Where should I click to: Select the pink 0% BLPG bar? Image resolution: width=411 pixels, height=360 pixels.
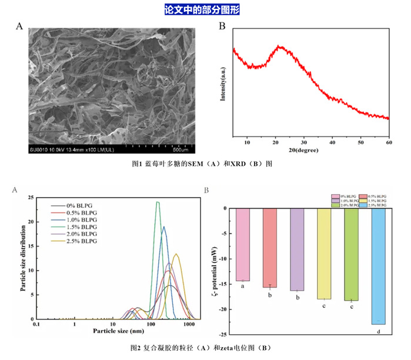pyautogui.click(x=242, y=245)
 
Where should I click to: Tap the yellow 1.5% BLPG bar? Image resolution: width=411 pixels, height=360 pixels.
pyautogui.click(x=324, y=254)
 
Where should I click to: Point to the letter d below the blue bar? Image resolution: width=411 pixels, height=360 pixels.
pyautogui.click(x=378, y=332)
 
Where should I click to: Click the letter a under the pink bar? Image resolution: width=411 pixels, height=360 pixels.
pyautogui.click(x=242, y=286)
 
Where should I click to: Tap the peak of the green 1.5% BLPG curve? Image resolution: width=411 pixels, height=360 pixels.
pyautogui.click(x=158, y=202)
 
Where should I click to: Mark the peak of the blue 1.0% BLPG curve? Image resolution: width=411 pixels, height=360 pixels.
pyautogui.click(x=164, y=226)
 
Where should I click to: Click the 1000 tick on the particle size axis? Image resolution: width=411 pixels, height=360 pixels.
pyautogui.click(x=189, y=325)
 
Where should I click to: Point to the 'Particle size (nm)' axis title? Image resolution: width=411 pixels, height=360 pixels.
pyautogui.click(x=119, y=332)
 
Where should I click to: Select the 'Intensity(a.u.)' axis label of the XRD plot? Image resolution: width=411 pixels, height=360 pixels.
pyautogui.click(x=223, y=86)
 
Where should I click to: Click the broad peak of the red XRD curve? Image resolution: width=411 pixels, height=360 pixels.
pyautogui.click(x=281, y=46)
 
